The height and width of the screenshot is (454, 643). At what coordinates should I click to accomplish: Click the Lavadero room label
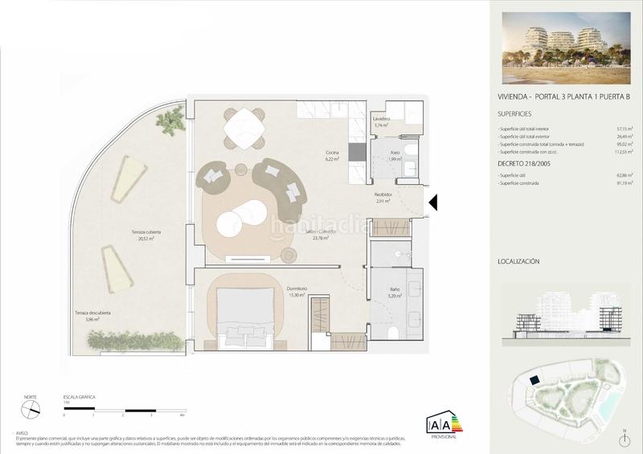pyautogui.click(x=382, y=119)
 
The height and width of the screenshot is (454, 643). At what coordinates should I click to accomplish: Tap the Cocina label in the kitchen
pyautogui.click(x=332, y=153)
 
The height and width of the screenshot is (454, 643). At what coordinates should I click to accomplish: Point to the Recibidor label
pyautogui.click(x=383, y=194)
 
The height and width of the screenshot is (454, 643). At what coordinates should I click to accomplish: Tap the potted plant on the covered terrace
pyautogui.click(x=170, y=121)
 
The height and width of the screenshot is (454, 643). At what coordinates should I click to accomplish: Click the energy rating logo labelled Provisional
pyautogui.click(x=444, y=423)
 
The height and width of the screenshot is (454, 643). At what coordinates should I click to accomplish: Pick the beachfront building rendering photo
pyautogui.click(x=567, y=48)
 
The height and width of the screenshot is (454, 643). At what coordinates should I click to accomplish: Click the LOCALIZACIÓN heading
pyautogui.click(x=518, y=261)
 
